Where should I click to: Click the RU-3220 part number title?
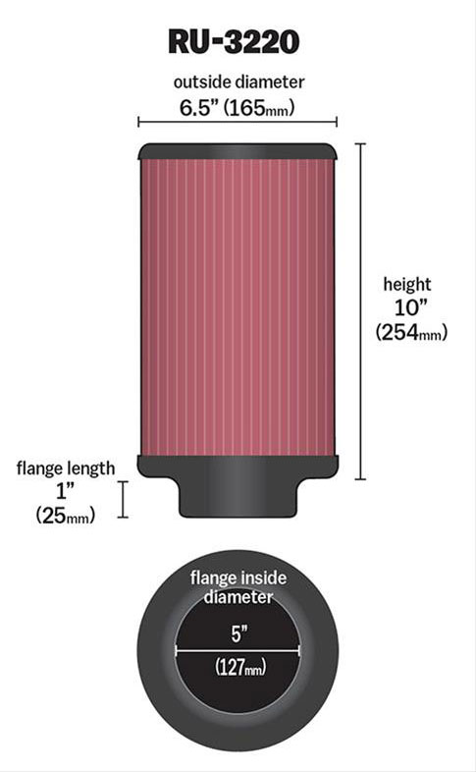pos(238,40)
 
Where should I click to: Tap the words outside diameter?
pos(238,82)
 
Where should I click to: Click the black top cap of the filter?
pos(238,151)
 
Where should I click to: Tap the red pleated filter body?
pos(238,304)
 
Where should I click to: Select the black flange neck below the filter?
pos(238,497)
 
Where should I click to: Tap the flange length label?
pos(66,468)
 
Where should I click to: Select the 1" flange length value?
pos(66,490)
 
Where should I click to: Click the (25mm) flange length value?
pos(66,514)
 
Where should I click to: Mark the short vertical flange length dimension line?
pos(123,499)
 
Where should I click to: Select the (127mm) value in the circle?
pos(238,669)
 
